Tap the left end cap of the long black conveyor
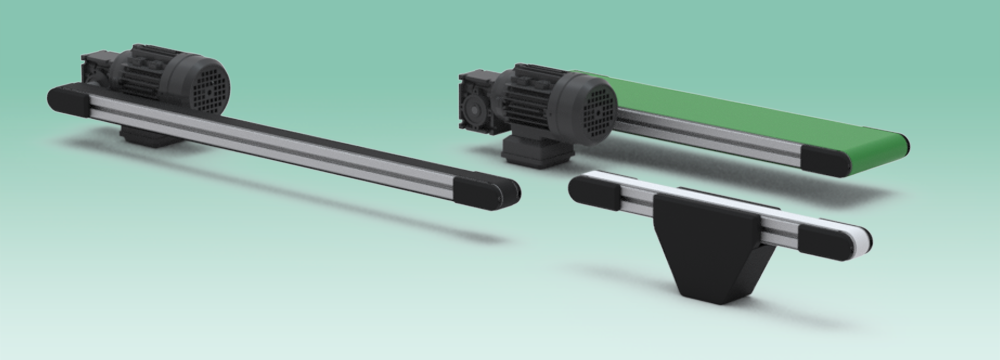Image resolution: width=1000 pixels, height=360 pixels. point(68,98)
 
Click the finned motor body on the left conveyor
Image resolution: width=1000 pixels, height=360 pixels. point(150,75)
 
